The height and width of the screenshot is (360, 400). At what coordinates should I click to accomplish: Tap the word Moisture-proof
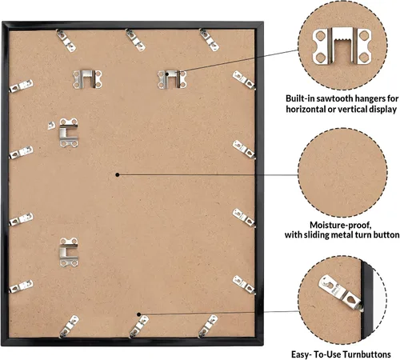pos(340,225)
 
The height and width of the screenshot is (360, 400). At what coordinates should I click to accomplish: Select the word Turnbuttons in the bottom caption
pos(366,354)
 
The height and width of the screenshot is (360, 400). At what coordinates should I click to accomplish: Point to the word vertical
pos(351,109)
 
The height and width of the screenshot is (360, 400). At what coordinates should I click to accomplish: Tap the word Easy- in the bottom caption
pos(302,354)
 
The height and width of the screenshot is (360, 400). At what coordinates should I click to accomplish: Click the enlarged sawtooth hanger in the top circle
pos(342,46)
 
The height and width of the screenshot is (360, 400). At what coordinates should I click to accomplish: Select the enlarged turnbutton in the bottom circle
pos(341,293)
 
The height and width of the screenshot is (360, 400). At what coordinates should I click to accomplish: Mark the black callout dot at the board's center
pos(118,174)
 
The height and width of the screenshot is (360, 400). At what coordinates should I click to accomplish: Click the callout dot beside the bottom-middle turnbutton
pos(138,314)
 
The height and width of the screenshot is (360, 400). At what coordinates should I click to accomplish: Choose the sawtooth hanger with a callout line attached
pos(172,79)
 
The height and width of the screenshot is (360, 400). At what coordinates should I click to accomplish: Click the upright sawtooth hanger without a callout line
pos(87,79)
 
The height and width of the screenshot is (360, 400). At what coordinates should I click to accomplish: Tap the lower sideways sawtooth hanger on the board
pos(69,252)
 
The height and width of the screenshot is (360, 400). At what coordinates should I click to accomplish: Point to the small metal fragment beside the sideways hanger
pos(51,126)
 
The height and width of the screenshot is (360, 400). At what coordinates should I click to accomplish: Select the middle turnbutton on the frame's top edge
pos(135,40)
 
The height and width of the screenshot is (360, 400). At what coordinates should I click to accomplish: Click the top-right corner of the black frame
pos(263,22)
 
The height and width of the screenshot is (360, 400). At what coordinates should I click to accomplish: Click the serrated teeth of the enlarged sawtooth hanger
pos(342,40)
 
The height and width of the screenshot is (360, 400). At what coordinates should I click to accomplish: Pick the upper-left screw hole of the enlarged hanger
pos(320,35)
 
